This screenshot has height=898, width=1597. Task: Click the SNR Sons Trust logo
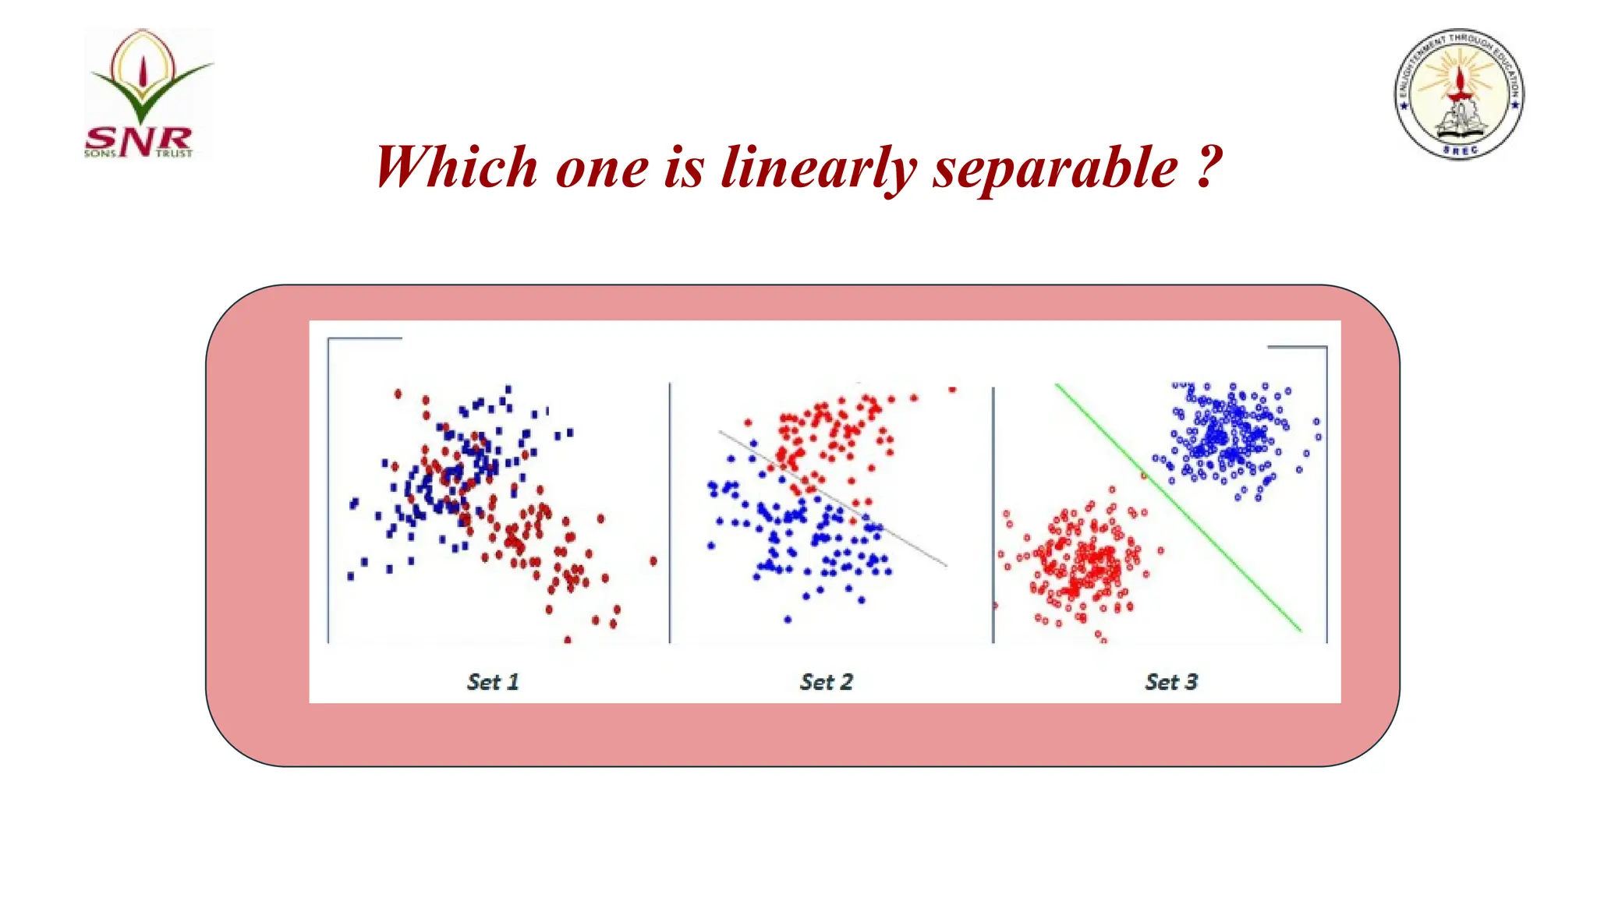pos(147,94)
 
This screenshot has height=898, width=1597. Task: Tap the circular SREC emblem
pos(1459,94)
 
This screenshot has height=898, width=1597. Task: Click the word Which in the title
pos(456,167)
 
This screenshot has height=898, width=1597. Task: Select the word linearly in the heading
pos(818,167)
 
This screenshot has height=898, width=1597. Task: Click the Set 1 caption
pos(493,682)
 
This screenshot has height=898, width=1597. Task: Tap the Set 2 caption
pos(827,682)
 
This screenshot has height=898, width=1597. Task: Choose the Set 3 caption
pos(1171,682)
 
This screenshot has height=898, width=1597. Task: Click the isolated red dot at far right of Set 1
pos(653,560)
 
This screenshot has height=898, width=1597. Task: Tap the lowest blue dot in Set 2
pos(788,620)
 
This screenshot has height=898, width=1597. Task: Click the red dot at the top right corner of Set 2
pos(952,389)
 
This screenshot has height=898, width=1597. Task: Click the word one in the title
pos(601,167)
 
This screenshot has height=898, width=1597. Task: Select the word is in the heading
pos(684,167)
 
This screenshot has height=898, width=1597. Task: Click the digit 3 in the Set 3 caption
pos(1191,682)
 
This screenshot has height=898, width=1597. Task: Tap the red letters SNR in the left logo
pos(139,140)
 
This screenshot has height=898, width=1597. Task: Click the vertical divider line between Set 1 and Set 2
pos(670,514)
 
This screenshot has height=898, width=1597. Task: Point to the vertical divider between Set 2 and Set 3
pos(993,514)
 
